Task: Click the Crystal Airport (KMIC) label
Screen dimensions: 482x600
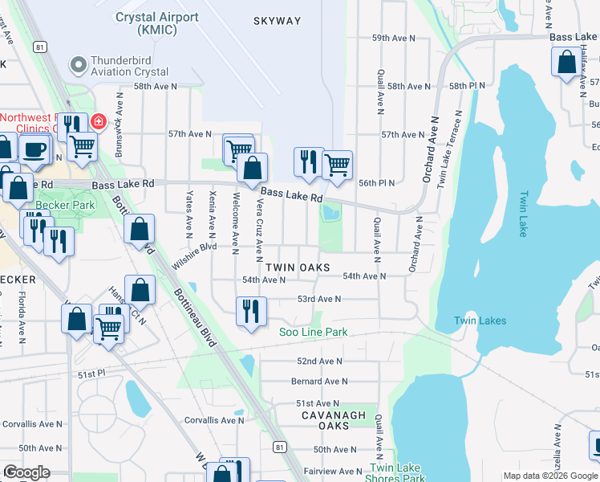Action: coord(158,22)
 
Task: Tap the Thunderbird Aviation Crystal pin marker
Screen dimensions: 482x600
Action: coord(78,63)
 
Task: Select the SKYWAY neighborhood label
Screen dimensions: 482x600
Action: coord(277,21)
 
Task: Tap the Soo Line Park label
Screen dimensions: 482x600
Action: coord(313,332)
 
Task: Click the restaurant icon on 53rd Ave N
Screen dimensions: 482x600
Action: coord(251,309)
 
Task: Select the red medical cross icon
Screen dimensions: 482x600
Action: coord(98,122)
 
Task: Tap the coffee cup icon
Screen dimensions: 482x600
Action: coord(33,149)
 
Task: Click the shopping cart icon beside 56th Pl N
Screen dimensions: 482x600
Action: coord(337,164)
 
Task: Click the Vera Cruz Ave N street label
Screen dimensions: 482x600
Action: coord(259,231)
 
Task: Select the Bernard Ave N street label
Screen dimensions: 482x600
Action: coord(319,382)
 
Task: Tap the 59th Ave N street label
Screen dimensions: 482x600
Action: coord(393,38)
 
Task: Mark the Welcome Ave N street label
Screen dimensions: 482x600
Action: coord(236,219)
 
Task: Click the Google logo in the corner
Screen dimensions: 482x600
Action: coord(26,472)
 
